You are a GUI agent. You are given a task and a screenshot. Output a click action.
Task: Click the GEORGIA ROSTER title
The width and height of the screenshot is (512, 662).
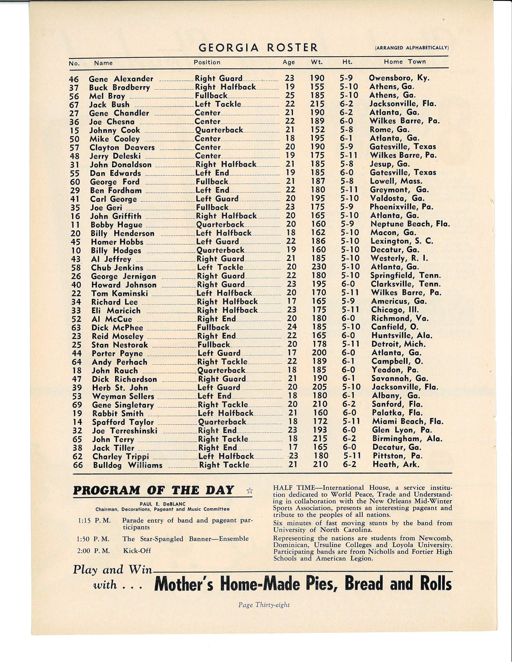pos(258,48)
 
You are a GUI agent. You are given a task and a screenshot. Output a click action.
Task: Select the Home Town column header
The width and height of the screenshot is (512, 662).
pos(404,62)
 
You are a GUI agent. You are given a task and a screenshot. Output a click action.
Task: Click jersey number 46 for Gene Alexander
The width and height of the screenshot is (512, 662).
pos(74,79)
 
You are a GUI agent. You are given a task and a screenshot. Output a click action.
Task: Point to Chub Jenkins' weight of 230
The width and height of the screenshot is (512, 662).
pos(318,267)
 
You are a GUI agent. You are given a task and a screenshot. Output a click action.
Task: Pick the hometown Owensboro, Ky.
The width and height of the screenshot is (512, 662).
pos(399,78)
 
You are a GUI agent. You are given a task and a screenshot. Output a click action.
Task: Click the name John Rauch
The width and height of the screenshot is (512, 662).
pos(115,371)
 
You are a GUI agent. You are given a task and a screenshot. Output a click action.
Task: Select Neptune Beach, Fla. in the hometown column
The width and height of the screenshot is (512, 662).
pos(410,224)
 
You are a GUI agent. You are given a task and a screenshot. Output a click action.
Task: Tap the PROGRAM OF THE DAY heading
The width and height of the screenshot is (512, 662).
pos(154,490)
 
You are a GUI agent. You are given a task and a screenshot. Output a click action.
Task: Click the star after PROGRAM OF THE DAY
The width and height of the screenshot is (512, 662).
pos(249,491)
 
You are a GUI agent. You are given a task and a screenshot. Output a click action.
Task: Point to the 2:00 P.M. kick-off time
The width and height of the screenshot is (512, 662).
pos(93,551)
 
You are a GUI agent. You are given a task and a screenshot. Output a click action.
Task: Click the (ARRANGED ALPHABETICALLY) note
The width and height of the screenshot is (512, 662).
pos(412,48)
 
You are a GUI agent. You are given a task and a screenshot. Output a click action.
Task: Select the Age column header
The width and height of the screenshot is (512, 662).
pos(289,62)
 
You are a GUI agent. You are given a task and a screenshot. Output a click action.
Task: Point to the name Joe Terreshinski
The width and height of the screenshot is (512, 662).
pos(125,431)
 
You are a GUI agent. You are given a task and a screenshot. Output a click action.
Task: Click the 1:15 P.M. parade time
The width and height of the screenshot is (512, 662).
pos(94,521)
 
